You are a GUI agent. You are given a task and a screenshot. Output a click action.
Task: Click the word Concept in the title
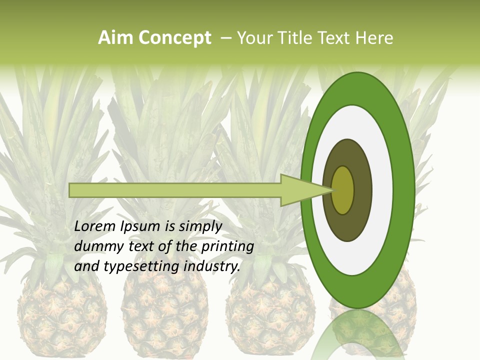coord(175,38)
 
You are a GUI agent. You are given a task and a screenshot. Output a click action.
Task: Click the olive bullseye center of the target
coord(343,190)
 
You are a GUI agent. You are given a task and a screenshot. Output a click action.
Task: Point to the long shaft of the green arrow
coord(175,190)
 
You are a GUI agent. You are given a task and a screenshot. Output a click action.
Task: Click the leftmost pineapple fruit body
coord(61,315)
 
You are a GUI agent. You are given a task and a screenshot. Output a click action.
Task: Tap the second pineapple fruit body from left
coord(165,315)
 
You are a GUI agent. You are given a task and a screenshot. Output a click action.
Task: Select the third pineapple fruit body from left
coord(270,315)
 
